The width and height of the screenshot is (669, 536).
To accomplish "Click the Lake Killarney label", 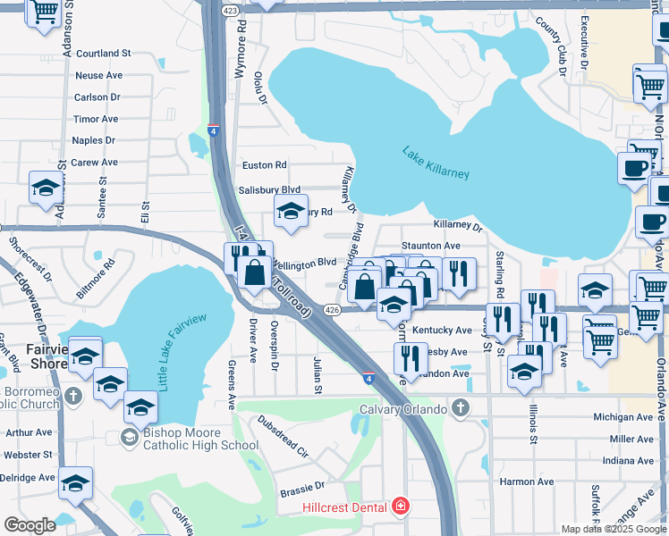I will coord(436,162).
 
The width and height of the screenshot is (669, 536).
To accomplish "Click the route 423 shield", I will coord(230,10).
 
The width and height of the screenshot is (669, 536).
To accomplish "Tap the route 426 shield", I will coord(332,310).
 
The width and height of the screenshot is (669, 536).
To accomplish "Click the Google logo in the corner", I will coord(30,524).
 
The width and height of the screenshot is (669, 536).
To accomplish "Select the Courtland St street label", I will coord(104,54).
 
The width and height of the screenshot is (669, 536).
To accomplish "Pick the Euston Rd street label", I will coord(265,165).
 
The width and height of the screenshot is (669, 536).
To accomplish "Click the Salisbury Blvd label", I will coord(269,190).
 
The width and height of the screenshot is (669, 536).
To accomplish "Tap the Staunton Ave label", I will coord(431,245).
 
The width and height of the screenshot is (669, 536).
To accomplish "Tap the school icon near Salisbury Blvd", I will coord(291,211).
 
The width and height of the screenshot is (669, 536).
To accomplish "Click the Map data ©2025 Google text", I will coord(613,529).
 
